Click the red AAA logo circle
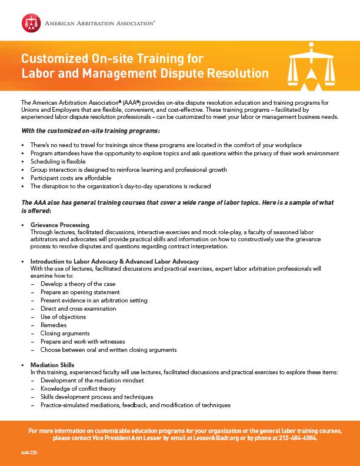tap(31, 22)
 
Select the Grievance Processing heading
tap(59, 225)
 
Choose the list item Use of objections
tap(64, 317)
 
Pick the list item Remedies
tap(54, 325)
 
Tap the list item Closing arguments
tap(65, 333)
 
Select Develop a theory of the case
tap(78, 284)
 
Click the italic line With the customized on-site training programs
tap(91, 130)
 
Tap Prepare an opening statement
tap(80, 292)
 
